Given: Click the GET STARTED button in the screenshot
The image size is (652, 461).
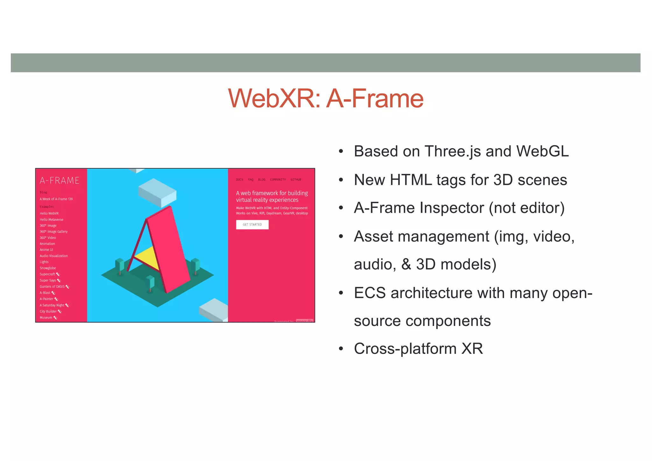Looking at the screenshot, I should tap(252, 224).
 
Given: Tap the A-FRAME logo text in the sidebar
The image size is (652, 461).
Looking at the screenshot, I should tap(60, 181).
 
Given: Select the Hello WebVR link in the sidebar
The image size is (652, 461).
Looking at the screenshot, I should tap(49, 213).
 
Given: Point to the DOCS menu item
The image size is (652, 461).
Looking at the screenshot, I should tap(239, 180).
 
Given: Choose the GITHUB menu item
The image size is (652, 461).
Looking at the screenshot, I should tap(296, 180).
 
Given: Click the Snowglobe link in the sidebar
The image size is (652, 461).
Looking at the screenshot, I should tap(48, 268).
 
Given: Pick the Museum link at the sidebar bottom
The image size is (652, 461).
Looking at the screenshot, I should tap(46, 317).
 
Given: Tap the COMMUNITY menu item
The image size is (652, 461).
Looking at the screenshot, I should tap(278, 180).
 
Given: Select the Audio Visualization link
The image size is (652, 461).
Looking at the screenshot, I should tap(54, 256).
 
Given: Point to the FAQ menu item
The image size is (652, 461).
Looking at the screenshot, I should tap(251, 180).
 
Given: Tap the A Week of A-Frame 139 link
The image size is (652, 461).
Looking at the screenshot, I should tap(56, 199).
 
